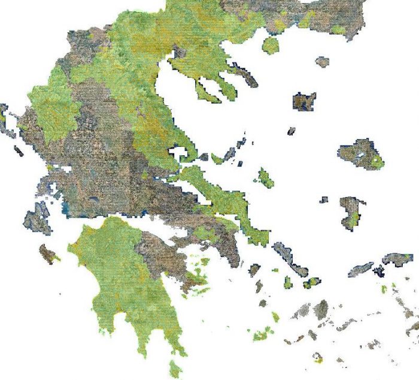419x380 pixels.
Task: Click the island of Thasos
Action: click(x=271, y=45)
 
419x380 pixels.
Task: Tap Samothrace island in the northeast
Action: click(x=323, y=61)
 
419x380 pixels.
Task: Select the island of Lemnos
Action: click(x=304, y=100)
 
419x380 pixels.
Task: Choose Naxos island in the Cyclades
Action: click(x=321, y=309)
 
